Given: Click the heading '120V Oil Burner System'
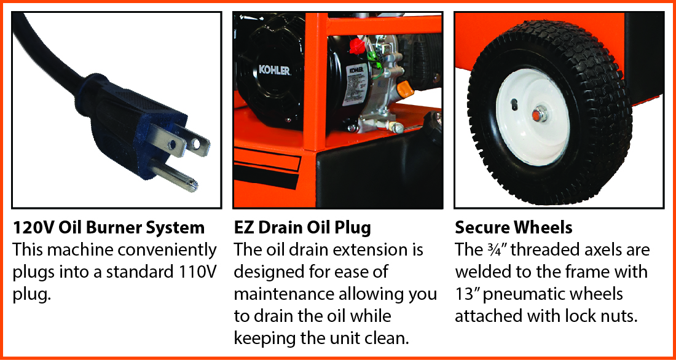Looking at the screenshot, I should [109, 228].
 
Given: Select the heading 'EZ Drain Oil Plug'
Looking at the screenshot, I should [302, 228].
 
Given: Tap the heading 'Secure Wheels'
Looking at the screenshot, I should [514, 228].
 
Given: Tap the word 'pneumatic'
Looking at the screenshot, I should [524, 294].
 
